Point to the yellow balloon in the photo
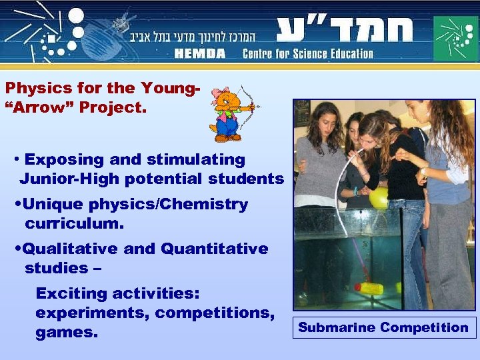(x=379, y=197)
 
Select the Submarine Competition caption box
(x=383, y=327)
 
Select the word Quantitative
(x=215, y=249)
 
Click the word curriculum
(x=75, y=223)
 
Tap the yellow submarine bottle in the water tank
(x=369, y=288)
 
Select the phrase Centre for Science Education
(x=307, y=53)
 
